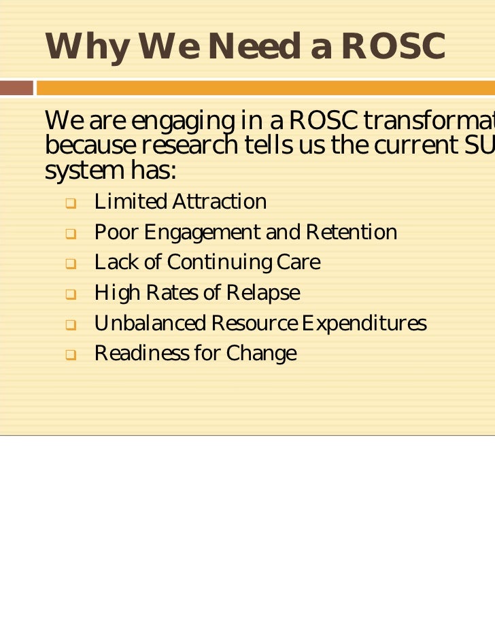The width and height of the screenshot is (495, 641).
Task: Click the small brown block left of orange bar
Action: point(16,88)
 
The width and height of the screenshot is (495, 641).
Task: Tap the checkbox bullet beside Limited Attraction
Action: point(70,203)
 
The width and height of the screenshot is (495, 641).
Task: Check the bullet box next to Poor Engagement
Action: point(70,234)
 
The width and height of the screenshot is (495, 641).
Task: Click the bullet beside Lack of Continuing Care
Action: point(70,264)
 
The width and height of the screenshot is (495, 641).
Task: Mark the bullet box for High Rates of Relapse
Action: point(70,294)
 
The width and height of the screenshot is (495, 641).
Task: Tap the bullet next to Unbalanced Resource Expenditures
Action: point(70,325)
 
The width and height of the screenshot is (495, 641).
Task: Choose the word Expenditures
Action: point(364,324)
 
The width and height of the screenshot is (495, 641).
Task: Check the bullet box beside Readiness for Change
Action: point(70,355)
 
